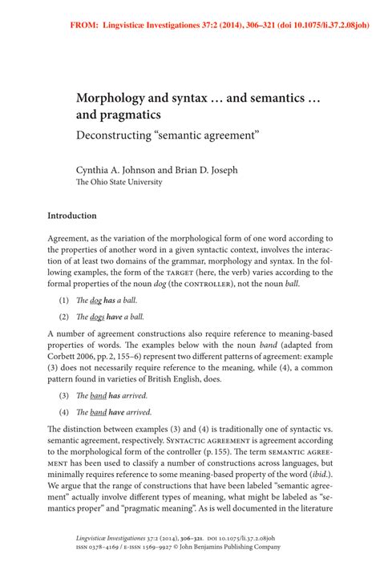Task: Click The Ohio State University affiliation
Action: (119, 182)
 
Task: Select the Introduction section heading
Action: (72, 216)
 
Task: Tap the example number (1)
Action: (64, 299)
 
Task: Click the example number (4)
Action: (64, 412)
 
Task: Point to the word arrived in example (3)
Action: (133, 396)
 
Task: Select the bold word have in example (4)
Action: (117, 412)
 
